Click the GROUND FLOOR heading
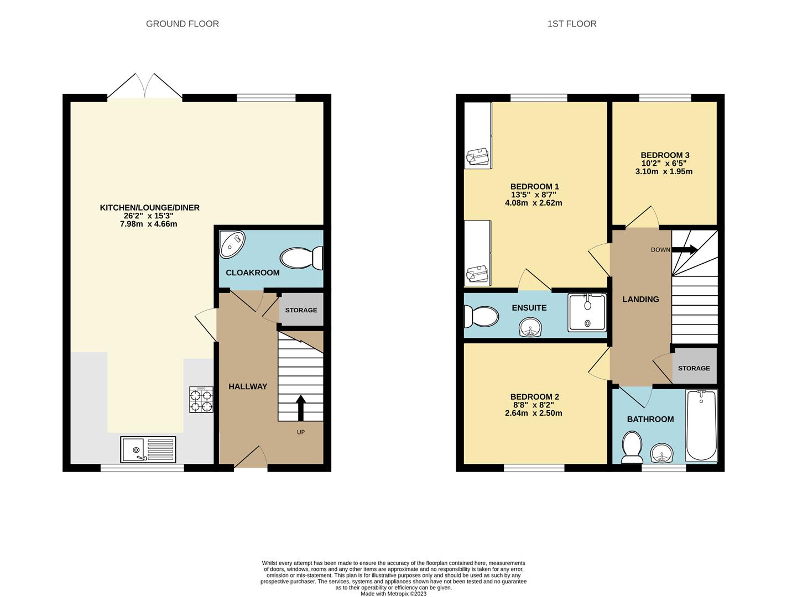coord(182,24)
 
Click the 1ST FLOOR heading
coord(571,24)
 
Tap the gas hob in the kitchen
coord(201,399)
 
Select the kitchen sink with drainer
coord(148,449)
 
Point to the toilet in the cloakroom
coord(301,258)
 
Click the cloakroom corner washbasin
coord(232,244)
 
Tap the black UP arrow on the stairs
coord(300,408)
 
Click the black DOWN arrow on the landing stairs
coord(685,249)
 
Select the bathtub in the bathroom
coord(701,425)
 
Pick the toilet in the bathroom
coord(632,447)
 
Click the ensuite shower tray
coord(587,312)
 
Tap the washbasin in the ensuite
coord(530,327)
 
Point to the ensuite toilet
coord(481,317)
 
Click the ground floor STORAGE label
coord(301,310)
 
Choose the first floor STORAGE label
coord(694,368)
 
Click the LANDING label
coord(640,299)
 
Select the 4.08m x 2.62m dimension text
coord(534,203)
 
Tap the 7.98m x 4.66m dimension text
coord(148,224)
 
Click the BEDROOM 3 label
coord(665,155)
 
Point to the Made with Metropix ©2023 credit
coord(393,594)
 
